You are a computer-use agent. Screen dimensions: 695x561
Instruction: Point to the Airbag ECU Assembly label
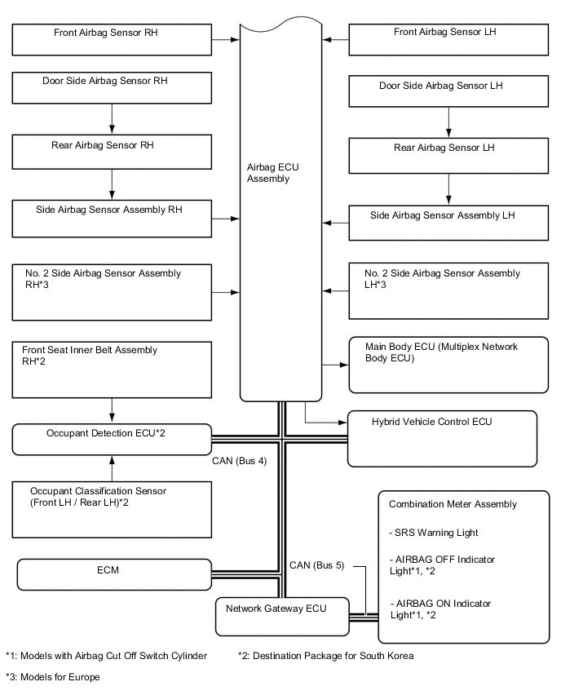(267, 172)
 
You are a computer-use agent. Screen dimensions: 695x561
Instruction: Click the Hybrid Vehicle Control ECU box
(442, 438)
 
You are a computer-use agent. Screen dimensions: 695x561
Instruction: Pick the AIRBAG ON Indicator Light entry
(441, 609)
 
